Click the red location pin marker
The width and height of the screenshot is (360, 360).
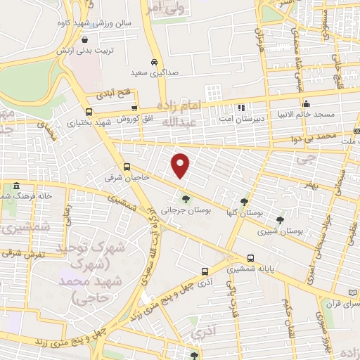[x=181, y=165]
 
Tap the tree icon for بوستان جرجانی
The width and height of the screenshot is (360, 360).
[x=186, y=198]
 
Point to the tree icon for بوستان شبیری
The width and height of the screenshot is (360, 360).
[x=281, y=219]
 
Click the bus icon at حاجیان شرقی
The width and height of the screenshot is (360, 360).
[x=127, y=167]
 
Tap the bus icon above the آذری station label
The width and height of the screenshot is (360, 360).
[x=205, y=271]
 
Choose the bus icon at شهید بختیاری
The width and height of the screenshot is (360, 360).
[x=88, y=112]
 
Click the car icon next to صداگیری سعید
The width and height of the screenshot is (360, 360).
[x=153, y=61]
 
